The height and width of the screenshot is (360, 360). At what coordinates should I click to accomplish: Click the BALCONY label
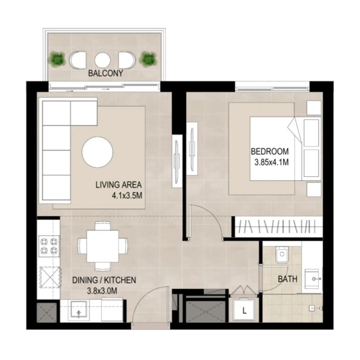tap(106, 73)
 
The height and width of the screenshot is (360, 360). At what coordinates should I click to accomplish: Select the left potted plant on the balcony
tap(58, 59)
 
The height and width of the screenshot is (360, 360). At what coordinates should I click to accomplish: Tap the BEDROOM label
tap(270, 152)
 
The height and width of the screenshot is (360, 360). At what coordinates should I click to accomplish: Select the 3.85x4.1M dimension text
tap(271, 162)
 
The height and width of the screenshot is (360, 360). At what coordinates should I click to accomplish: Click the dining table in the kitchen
tap(102, 245)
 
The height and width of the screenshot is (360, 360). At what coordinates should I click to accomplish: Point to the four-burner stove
tap(48, 246)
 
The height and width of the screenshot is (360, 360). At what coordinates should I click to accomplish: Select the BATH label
tap(288, 279)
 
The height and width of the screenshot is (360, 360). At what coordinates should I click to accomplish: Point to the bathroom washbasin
tap(314, 279)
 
